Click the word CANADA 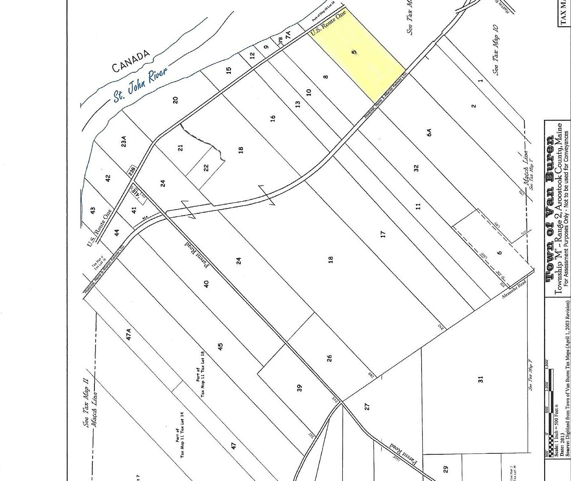click(131, 61)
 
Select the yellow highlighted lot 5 click(358, 54)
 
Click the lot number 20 click(176, 100)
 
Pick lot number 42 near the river click(108, 178)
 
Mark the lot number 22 click(206, 168)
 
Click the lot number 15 click(228, 70)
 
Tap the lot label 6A click(429, 132)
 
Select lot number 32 click(416, 168)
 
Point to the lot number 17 click(383, 234)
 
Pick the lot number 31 click(480, 379)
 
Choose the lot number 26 click(329, 358)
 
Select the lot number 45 click(220, 346)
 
